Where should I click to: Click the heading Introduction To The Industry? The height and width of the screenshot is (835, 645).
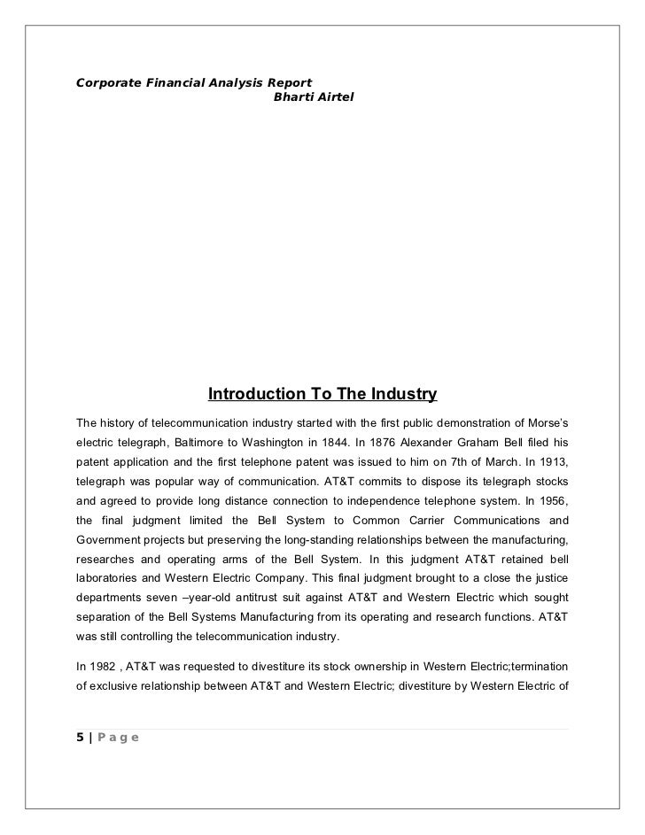[322, 392]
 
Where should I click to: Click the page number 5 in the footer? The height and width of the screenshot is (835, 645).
[81, 738]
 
